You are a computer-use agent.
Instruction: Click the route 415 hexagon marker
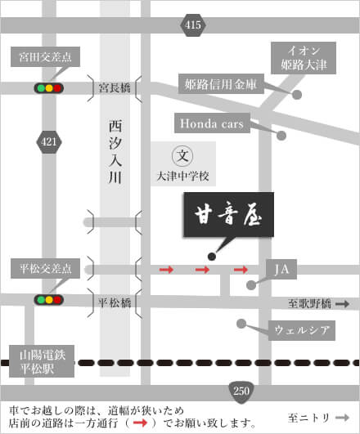point(193,25)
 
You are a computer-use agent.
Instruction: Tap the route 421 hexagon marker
point(49,142)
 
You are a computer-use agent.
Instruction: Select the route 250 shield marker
point(241,391)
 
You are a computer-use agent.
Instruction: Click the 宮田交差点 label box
point(46,56)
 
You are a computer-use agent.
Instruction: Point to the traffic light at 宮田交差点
point(49,88)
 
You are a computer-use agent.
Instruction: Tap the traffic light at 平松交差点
point(49,300)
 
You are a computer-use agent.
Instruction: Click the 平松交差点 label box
point(46,268)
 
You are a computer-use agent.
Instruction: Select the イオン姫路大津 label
point(304,58)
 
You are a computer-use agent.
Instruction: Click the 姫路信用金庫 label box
point(221,84)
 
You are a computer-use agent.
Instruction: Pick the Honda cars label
point(212,123)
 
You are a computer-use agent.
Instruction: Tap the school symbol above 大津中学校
point(182,155)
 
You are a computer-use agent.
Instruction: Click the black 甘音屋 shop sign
point(229,215)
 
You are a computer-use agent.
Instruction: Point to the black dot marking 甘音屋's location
point(212,257)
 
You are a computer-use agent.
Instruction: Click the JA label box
point(281,269)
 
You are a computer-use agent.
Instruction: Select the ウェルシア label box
point(302,330)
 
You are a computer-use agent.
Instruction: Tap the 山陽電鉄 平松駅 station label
point(42,361)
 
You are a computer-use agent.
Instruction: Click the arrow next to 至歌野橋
point(343,304)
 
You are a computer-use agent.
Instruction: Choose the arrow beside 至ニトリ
point(343,418)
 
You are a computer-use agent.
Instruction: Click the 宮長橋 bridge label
point(115,88)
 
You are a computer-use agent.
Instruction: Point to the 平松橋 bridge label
point(115,302)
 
